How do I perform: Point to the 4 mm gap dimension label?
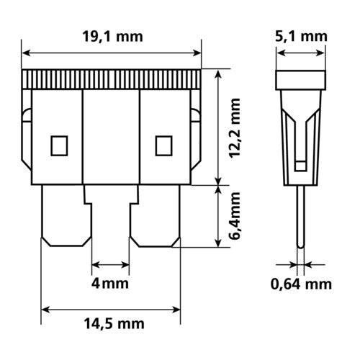tap(112, 283)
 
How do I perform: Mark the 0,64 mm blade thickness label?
tap(301, 285)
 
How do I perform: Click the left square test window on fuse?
tap(57, 146)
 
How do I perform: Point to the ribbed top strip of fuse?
tap(112, 79)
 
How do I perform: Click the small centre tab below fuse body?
tap(112, 192)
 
